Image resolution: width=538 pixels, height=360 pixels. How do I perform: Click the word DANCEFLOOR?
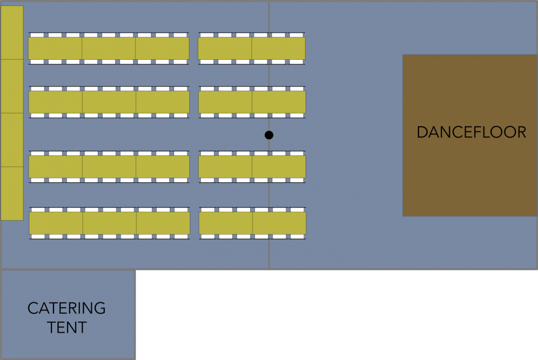point(471,132)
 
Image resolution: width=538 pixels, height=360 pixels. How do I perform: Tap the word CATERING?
point(67,308)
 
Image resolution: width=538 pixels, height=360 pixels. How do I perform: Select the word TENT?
point(67,328)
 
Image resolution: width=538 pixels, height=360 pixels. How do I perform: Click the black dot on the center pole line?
point(269,135)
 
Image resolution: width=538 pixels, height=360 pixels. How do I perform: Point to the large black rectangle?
point(337,316)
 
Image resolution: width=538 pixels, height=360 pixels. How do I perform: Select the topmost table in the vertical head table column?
point(12,33)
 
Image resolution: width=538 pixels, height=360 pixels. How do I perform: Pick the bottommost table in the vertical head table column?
point(12,193)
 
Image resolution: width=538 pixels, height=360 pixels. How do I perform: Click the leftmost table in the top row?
point(55,48)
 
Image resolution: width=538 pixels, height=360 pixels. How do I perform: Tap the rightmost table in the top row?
point(279,48)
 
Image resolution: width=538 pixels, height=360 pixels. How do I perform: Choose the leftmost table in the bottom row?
point(56,223)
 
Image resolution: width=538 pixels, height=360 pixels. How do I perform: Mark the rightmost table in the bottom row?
point(279,223)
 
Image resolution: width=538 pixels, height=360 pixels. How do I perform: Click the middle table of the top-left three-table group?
point(108,48)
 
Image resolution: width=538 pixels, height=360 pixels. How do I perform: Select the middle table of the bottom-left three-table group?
point(110,223)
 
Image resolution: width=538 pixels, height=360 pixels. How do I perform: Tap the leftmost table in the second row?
point(56,102)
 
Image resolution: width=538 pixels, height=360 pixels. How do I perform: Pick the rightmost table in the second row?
point(279,102)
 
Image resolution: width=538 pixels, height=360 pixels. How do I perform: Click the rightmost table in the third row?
point(279,167)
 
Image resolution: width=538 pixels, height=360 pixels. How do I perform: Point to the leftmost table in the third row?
point(56,167)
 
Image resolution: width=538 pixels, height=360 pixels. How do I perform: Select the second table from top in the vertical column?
point(12,86)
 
